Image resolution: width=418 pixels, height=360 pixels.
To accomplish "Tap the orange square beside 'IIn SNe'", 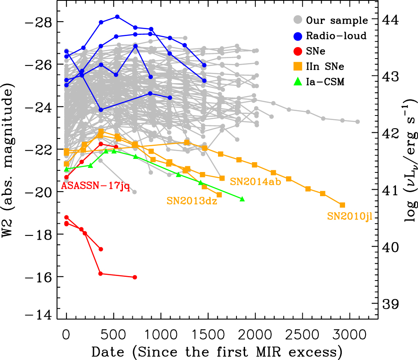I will click(298, 66).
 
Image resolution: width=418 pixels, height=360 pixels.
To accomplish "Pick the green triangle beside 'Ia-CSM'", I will click(298, 82).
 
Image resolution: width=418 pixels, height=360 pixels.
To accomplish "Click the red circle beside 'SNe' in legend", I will click(298, 51).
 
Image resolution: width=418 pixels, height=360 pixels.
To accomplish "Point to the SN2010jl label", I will click(350, 217).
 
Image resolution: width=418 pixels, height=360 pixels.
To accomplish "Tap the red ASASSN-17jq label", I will click(95, 187).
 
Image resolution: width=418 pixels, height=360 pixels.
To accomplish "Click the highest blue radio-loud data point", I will click(117, 17).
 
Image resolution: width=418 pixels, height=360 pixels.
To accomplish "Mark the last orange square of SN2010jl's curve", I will click(343, 205).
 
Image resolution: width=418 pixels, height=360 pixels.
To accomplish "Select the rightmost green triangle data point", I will click(242, 199).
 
